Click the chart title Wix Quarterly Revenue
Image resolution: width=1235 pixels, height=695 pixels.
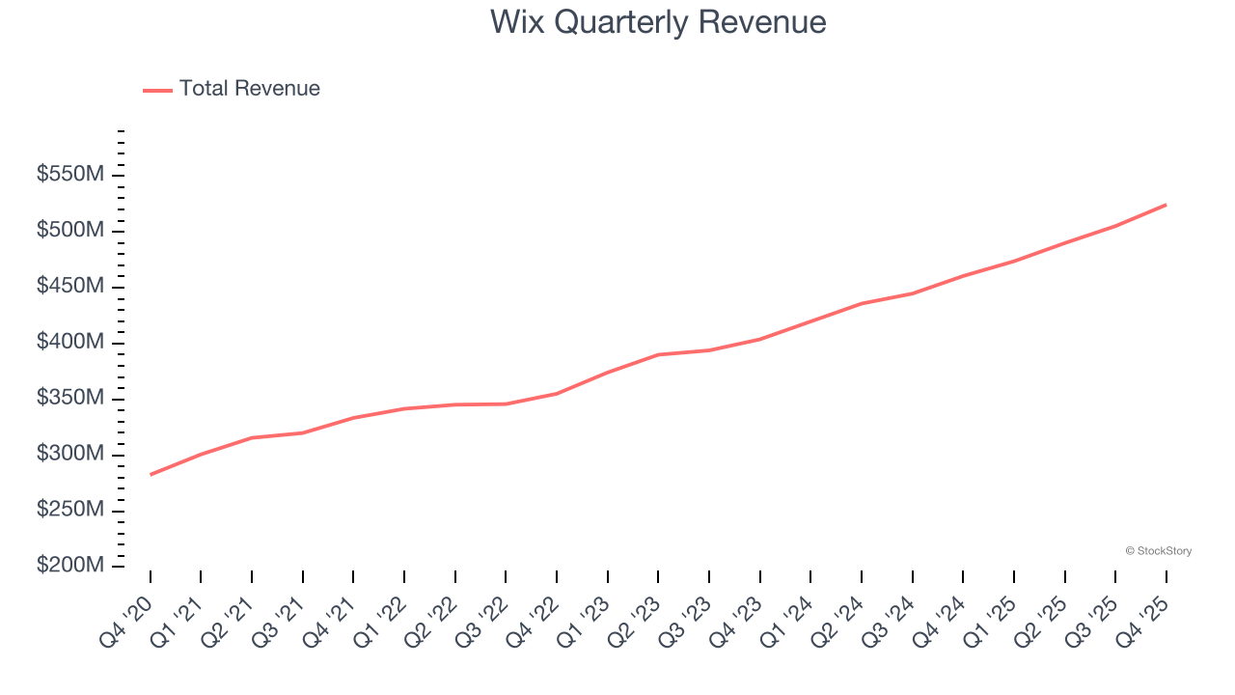click(657, 21)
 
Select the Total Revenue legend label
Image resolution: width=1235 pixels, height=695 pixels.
click(249, 89)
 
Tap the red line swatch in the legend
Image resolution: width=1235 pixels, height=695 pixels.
click(158, 90)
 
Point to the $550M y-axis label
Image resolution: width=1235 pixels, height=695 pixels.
click(70, 175)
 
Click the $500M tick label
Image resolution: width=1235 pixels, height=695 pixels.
click(70, 231)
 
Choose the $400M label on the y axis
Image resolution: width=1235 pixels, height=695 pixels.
click(70, 343)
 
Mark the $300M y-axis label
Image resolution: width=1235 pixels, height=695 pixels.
click(70, 455)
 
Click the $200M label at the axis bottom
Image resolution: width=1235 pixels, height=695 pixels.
click(70, 566)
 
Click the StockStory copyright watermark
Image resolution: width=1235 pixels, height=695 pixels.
click(1158, 551)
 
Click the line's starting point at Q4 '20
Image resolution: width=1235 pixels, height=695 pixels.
click(151, 475)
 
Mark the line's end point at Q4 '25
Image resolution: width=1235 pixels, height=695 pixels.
click(1166, 205)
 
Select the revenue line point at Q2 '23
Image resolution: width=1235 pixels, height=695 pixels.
click(658, 354)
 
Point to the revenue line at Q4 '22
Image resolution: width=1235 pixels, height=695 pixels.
click(557, 393)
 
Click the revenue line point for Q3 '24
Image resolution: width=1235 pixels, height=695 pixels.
click(912, 293)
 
